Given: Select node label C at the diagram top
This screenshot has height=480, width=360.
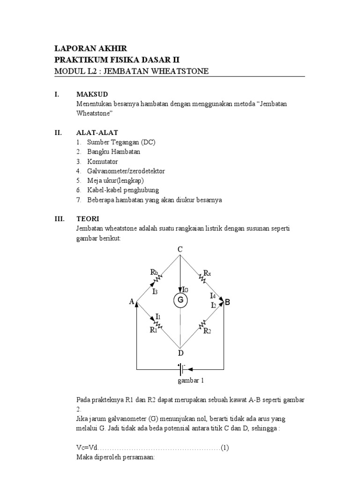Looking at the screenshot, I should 180,250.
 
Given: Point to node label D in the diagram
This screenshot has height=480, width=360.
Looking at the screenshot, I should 180,352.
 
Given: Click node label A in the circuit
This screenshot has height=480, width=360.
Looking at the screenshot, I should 132,302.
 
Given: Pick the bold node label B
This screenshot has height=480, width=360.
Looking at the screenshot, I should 227,302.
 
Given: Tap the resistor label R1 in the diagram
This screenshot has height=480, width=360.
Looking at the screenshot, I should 153,330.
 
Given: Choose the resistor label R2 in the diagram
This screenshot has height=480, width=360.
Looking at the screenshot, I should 208,330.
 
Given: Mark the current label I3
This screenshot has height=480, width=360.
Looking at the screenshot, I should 155,291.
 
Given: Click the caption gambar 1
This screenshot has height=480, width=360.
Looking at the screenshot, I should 190,381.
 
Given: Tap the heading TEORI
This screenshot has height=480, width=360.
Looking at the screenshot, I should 88,218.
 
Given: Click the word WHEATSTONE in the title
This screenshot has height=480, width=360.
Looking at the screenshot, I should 180,71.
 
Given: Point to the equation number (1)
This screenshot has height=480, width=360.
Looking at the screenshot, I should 225,448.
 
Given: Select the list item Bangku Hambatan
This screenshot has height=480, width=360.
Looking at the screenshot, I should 113,152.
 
